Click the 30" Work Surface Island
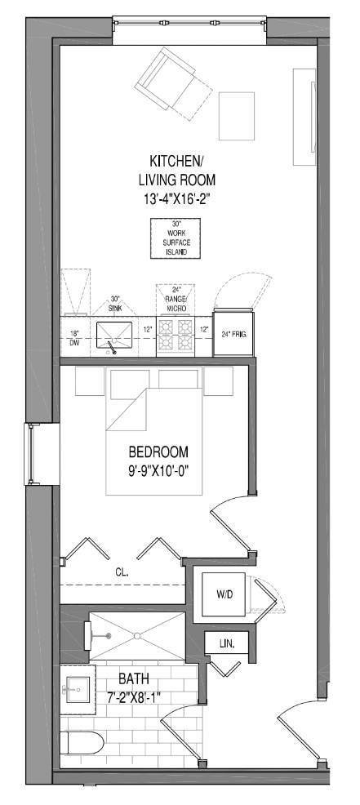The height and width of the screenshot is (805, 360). click(x=176, y=238)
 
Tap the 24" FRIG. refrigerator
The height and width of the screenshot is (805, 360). click(x=233, y=334)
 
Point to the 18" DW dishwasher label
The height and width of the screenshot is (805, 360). click(x=74, y=340)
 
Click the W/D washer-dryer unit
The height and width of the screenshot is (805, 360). click(x=224, y=594)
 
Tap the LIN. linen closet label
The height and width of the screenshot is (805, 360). click(x=226, y=643)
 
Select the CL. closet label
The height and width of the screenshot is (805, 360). click(x=122, y=572)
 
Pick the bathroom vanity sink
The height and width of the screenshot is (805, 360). click(x=78, y=689)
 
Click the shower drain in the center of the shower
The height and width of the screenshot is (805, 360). click(x=137, y=635)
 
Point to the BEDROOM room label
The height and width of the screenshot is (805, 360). click(x=158, y=452)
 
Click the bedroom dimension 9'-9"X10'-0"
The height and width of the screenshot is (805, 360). click(x=158, y=471)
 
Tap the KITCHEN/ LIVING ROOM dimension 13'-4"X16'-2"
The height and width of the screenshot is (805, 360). click(x=176, y=198)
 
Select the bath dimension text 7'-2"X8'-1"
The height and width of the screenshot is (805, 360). click(x=135, y=697)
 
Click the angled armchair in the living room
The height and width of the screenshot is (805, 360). click(x=173, y=83)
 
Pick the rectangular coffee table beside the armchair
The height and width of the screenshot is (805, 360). click(x=237, y=116)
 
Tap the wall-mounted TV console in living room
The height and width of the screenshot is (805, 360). click(x=304, y=117)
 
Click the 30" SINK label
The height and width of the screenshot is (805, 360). click(x=115, y=304)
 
